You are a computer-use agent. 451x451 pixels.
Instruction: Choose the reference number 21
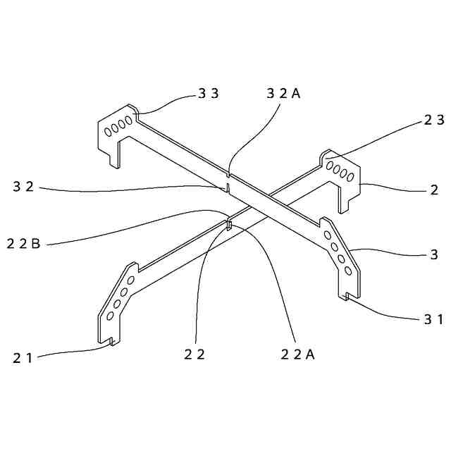tap(22, 358)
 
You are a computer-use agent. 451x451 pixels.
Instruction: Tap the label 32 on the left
tap(24, 187)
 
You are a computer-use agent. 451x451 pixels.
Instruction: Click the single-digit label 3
tap(435, 254)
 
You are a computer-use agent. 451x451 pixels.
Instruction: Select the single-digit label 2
tap(435, 190)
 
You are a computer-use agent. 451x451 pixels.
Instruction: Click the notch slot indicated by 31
tap(347, 296)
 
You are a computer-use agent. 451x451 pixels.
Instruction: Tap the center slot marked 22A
tap(230, 225)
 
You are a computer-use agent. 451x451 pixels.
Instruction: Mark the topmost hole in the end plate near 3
tap(326, 223)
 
